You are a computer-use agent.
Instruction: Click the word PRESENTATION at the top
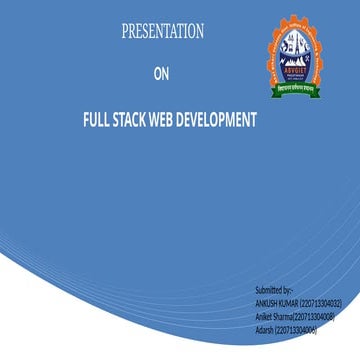point(162,32)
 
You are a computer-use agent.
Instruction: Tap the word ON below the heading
point(162,73)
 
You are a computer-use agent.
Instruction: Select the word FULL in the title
point(97,120)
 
